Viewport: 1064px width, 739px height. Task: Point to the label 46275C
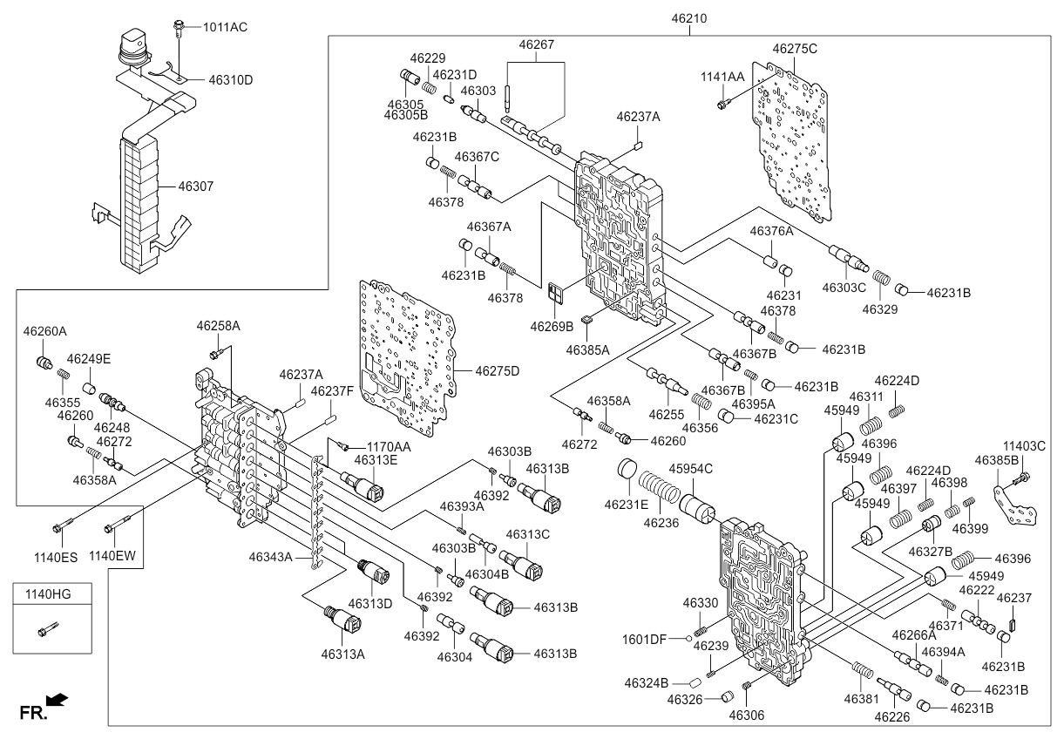click(x=795, y=49)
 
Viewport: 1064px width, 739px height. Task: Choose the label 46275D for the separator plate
click(x=497, y=371)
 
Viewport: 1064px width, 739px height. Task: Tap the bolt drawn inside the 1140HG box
click(x=48, y=628)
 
